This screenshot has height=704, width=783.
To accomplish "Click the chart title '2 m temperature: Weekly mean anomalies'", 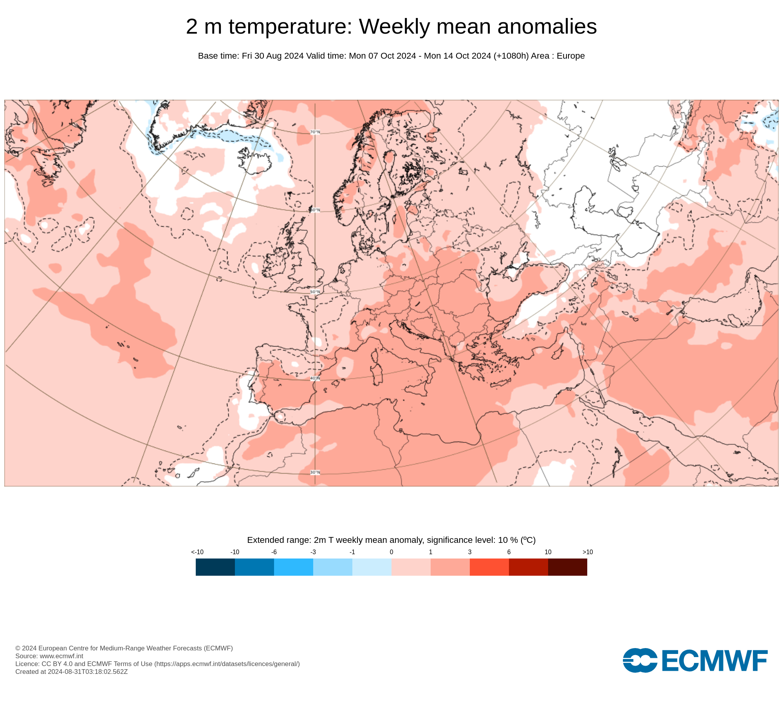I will (391, 27).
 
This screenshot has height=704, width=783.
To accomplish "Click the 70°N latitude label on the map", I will (315, 132).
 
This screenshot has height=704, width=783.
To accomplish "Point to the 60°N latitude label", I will (315, 210).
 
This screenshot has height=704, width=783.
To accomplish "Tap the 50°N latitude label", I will (315, 292).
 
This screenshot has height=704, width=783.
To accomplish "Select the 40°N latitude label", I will (315, 379).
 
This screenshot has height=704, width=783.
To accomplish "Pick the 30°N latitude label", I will (315, 472).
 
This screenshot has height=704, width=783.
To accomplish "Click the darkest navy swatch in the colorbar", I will (215, 567).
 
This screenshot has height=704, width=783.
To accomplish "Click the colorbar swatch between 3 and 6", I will (489, 567).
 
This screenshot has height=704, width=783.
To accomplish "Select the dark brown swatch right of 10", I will (568, 567).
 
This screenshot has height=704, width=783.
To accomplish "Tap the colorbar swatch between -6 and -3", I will (294, 567).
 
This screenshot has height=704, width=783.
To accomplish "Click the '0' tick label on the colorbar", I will (391, 552).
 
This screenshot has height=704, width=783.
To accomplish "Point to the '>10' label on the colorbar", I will (588, 552).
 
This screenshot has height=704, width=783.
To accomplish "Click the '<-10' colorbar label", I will (197, 552).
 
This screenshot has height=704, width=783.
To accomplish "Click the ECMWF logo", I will (695, 661).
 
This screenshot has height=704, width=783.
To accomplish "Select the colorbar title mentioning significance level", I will (391, 540).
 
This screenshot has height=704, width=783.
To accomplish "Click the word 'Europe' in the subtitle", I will (570, 56).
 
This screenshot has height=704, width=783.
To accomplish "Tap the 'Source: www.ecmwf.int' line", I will (49, 656).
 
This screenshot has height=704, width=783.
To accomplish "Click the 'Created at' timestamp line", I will (72, 672).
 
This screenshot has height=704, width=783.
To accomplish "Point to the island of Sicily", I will (417, 389).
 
